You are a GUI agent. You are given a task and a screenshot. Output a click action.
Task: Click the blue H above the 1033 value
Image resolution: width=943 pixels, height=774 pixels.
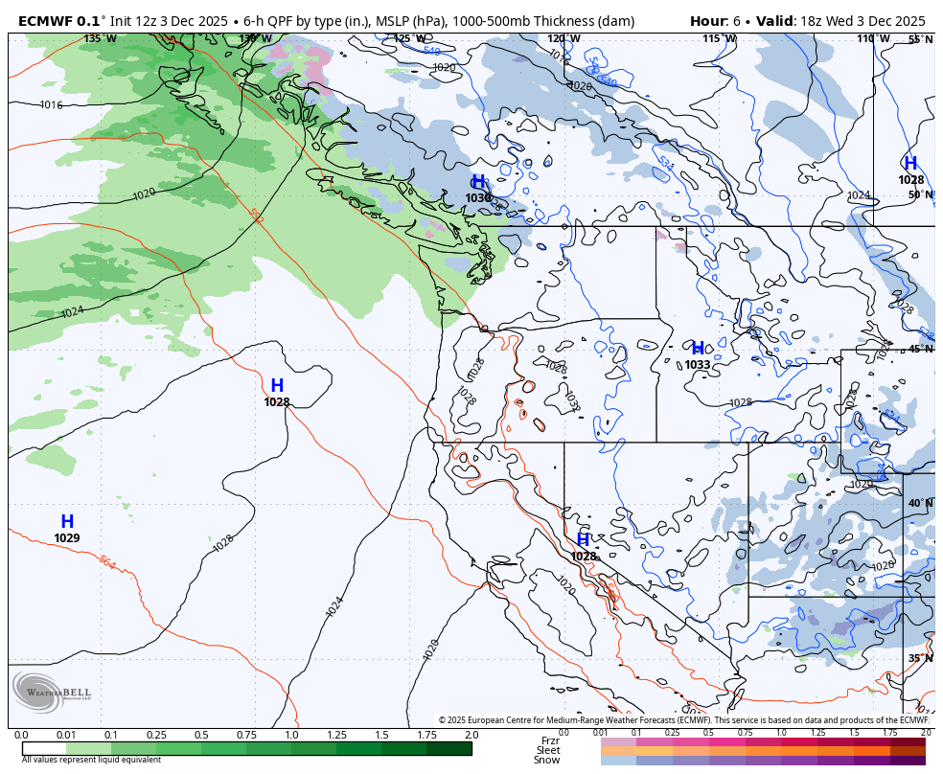point(698,349)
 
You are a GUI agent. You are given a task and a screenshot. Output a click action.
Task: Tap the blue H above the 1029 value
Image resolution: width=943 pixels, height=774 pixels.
point(67,522)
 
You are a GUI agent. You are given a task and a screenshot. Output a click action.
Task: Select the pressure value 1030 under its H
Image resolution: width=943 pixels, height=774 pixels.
point(478,198)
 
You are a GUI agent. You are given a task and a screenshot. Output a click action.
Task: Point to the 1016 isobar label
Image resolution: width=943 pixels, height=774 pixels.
point(51,105)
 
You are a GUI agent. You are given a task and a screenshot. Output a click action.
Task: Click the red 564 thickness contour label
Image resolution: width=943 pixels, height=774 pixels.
point(107,562)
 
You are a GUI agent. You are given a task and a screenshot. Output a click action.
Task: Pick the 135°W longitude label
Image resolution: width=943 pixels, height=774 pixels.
point(100,39)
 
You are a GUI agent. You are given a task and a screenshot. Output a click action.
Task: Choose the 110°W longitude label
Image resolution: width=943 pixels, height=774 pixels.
point(873,39)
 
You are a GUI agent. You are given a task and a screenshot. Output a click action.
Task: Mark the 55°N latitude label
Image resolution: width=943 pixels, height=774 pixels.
point(920,40)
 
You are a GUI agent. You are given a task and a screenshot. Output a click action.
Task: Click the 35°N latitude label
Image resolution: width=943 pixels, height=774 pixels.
point(920,658)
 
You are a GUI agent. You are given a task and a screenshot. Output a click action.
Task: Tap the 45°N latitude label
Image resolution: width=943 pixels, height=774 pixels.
point(920,350)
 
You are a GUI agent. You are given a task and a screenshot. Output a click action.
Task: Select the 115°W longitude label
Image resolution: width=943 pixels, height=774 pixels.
point(719,39)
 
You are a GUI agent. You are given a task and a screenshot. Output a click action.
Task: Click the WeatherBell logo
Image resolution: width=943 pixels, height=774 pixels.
point(52,693)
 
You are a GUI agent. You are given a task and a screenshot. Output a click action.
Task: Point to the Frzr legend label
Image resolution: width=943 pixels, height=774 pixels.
point(550,740)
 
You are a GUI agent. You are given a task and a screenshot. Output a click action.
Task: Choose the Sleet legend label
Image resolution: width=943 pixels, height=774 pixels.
point(548,750)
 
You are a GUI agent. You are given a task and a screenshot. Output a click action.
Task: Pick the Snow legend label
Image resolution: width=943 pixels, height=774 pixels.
point(547,760)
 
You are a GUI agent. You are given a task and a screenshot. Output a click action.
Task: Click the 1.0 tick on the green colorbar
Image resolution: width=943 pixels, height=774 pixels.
point(291,735)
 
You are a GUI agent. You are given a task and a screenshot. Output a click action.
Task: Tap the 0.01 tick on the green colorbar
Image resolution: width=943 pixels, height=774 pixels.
point(66,735)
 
